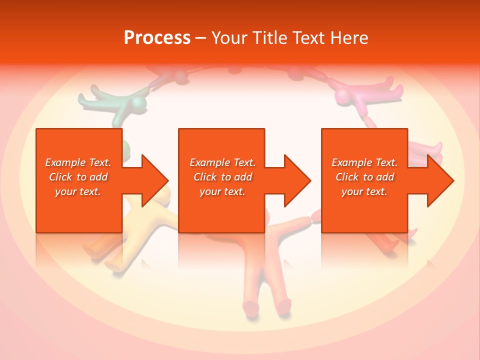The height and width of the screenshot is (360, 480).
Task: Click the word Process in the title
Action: point(157,37)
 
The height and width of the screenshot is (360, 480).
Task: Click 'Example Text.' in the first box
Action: point(78,162)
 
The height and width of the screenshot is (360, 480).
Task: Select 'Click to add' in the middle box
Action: point(222,177)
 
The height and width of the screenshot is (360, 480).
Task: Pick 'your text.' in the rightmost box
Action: point(364,191)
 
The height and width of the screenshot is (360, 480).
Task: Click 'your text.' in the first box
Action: point(78,191)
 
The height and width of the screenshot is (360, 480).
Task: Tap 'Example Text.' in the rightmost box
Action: point(364,162)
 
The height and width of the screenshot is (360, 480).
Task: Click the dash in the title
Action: point(201,38)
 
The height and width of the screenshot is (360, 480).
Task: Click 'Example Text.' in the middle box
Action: point(222,162)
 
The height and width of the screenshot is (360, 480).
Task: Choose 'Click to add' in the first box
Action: point(78,177)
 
